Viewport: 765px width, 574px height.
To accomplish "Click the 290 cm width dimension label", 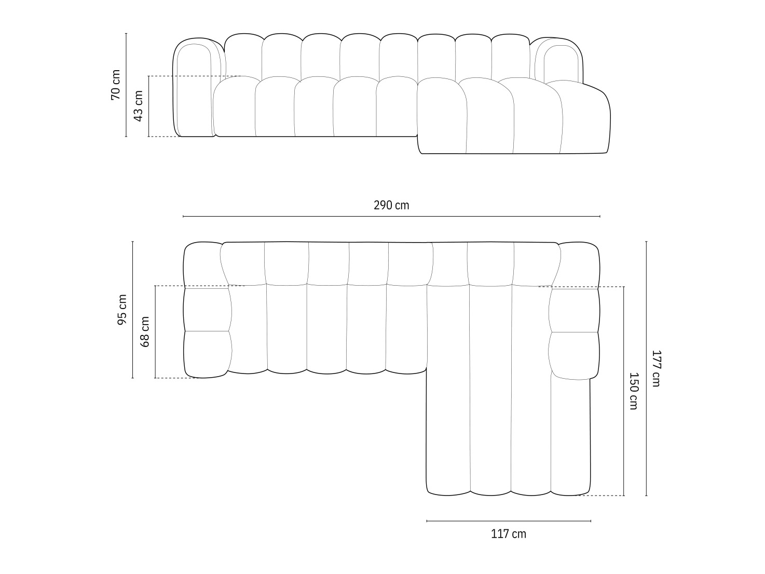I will click(391, 205).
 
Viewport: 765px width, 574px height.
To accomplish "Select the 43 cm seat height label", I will click(138, 106).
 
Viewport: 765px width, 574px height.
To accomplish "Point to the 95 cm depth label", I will click(122, 310).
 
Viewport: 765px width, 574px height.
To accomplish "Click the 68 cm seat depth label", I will click(145, 332).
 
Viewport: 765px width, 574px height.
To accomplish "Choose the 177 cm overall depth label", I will click(655, 368).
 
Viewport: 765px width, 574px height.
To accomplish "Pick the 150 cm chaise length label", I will click(633, 391).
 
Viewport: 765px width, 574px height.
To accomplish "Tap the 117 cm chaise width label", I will click(509, 533).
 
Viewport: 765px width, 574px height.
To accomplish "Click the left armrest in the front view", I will click(193, 88).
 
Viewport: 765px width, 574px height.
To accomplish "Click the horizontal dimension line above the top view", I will click(391, 216).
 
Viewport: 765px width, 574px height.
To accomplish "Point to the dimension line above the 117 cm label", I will click(509, 520).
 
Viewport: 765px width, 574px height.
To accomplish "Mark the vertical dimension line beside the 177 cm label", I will click(646, 368).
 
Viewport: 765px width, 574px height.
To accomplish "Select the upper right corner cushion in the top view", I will click(579, 264).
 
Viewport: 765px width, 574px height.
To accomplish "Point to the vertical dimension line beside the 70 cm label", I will click(126, 85).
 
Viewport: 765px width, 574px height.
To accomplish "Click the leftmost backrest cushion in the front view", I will click(243, 55).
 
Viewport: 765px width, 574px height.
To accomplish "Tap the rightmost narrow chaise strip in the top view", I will click(570, 436).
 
